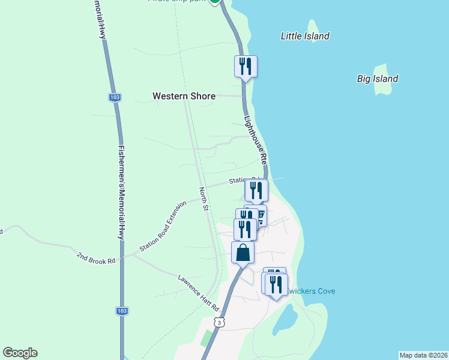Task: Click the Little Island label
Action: coord(305,36)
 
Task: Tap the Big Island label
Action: coord(378,79)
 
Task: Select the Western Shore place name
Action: coord(184,96)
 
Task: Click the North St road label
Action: coord(203,199)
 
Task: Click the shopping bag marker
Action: coord(243,252)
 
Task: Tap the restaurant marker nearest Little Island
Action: coord(246,65)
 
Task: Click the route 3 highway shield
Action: coord(220,323)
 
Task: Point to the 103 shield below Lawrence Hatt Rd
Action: coord(121,311)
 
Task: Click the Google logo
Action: coord(20,353)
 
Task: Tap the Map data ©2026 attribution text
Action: coord(423,355)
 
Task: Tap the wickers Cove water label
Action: coord(310,292)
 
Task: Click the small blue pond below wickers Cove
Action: coord(284,318)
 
